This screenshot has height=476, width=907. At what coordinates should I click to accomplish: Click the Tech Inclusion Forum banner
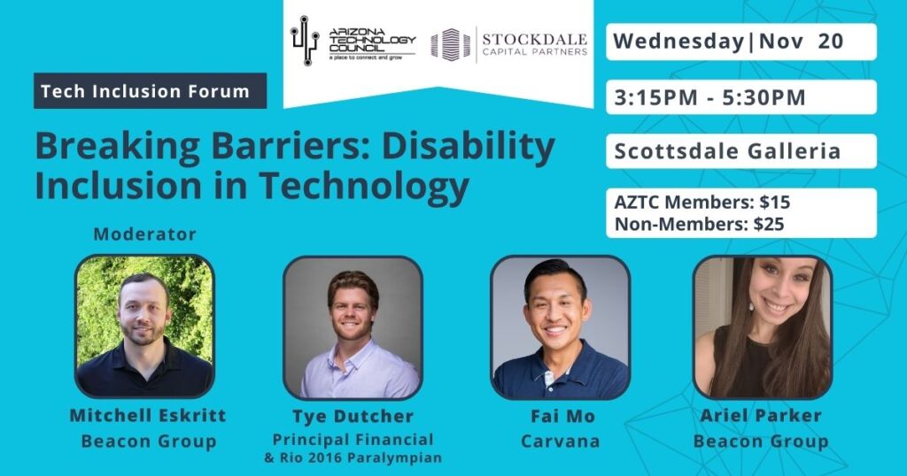pyautogui.click(x=151, y=91)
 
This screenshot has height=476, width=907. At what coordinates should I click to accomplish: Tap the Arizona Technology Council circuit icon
pyautogui.click(x=305, y=41)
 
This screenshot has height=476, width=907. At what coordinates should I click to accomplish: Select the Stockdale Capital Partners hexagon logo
pyautogui.click(x=451, y=44)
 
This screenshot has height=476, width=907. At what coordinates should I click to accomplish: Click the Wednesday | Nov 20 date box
pyautogui.click(x=741, y=42)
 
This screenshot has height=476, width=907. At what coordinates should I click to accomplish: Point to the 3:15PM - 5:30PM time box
pyautogui.click(x=741, y=97)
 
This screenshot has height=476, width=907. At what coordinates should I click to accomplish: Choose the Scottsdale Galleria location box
pyautogui.click(x=741, y=151)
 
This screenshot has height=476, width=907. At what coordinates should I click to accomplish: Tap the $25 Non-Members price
pyautogui.click(x=769, y=224)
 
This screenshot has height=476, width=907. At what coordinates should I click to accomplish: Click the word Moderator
pyautogui.click(x=144, y=234)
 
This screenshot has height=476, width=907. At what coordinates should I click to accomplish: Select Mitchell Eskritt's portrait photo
pyautogui.click(x=144, y=326)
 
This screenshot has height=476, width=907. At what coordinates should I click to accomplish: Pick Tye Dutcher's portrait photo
pyautogui.click(x=353, y=327)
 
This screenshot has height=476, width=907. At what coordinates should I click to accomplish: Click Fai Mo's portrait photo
pyautogui.click(x=560, y=327)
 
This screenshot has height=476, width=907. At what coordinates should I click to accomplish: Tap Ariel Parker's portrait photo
pyautogui.click(x=763, y=327)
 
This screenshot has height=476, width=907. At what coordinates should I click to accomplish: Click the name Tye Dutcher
pyautogui.click(x=353, y=416)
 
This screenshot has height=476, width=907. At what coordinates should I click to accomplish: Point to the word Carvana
pyautogui.click(x=560, y=441)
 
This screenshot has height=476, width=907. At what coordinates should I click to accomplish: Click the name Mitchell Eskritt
pyautogui.click(x=148, y=415)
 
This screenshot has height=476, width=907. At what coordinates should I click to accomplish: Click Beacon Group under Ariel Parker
pyautogui.click(x=761, y=441)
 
